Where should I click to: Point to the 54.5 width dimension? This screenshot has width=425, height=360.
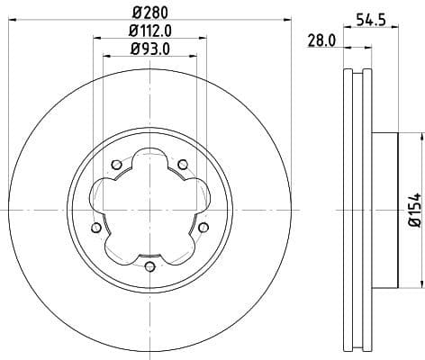[364, 19]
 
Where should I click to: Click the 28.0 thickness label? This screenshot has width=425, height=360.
[321, 40]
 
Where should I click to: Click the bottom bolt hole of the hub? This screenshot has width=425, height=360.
[149, 265]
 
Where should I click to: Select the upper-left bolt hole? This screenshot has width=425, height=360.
[116, 164]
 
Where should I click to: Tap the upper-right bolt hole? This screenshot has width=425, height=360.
[182, 164]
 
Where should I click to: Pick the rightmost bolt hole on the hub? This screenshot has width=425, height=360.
[202, 227]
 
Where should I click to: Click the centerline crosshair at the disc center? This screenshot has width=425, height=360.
[149, 210]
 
